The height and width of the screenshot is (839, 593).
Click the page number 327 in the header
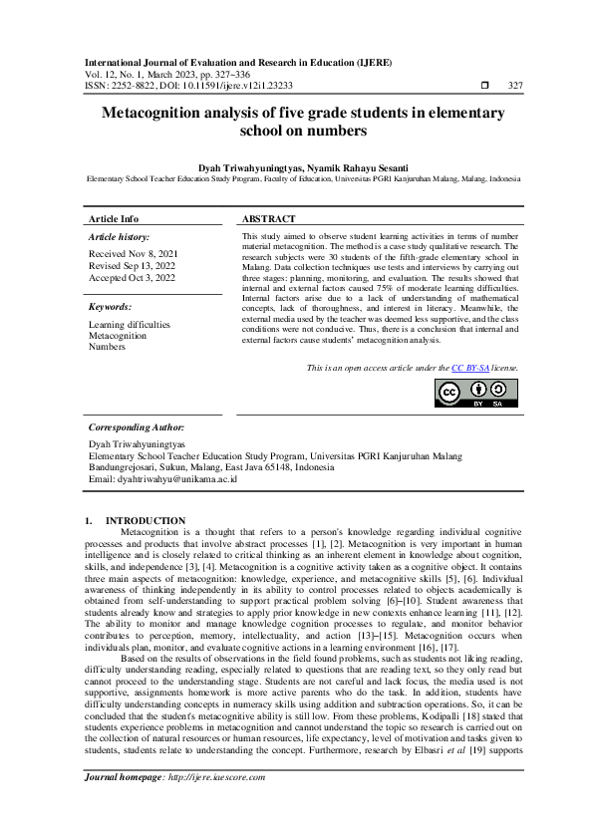[x=514, y=87]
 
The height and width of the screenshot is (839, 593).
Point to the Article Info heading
[x=114, y=218]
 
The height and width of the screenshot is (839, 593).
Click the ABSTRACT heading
[x=269, y=218]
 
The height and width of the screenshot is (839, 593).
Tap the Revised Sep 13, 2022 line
[x=132, y=266]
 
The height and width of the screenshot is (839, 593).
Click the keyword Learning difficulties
[x=129, y=324]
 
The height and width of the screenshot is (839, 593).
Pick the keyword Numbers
[x=106, y=347]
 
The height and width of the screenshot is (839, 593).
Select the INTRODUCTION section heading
[x=146, y=520]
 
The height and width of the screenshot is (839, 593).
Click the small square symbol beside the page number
[x=484, y=87]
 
